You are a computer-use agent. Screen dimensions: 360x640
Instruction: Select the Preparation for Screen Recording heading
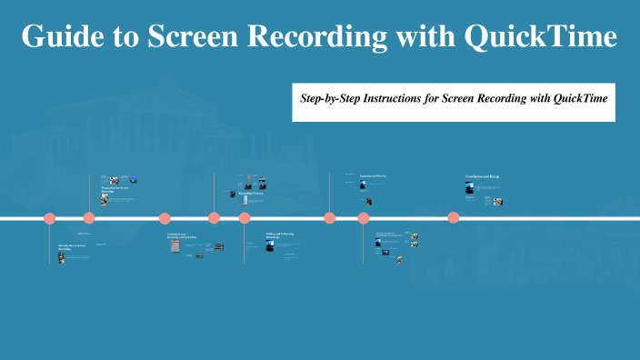click(114, 190)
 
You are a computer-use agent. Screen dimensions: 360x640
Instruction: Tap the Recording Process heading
click(251, 194)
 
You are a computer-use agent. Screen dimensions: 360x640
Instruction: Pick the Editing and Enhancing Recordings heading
click(279, 235)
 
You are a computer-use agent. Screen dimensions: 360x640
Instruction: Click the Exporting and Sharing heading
click(373, 175)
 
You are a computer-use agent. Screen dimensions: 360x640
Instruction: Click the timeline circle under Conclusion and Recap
click(453, 217)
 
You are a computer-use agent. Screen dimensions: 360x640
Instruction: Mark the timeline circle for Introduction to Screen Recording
click(50, 218)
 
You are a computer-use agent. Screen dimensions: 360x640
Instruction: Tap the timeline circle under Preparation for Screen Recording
click(89, 218)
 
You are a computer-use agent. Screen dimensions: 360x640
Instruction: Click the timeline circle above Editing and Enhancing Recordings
click(245, 218)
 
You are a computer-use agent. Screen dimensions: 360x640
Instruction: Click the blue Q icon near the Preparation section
click(134, 180)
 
